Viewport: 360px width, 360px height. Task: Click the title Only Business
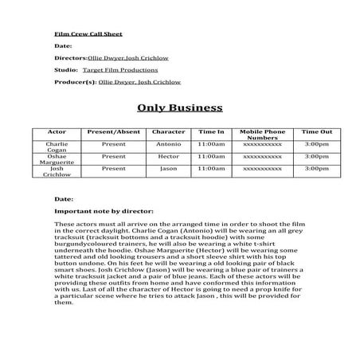pyautogui.click(x=180, y=108)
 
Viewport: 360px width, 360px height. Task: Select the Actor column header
pyautogui.click(x=57, y=131)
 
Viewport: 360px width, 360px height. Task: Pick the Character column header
pyautogui.click(x=168, y=131)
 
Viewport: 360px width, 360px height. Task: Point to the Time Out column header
pyautogui.click(x=316, y=131)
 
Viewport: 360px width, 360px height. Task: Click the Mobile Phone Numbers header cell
pyautogui.click(x=262, y=135)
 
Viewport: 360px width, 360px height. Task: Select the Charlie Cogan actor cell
pyautogui.click(x=57, y=147)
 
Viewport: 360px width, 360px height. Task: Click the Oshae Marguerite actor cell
pyautogui.click(x=57, y=160)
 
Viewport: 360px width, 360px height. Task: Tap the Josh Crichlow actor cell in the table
pyautogui.click(x=57, y=172)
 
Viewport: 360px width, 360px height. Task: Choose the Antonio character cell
pyautogui.click(x=168, y=144)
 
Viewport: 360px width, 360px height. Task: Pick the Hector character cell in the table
pyautogui.click(x=168, y=157)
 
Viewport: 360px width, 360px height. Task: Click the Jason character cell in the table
pyautogui.click(x=168, y=169)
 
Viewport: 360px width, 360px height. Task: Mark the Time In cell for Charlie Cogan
pyautogui.click(x=212, y=144)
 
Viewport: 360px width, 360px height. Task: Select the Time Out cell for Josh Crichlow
pyautogui.click(x=316, y=169)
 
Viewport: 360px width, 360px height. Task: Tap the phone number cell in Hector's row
pyautogui.click(x=262, y=157)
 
